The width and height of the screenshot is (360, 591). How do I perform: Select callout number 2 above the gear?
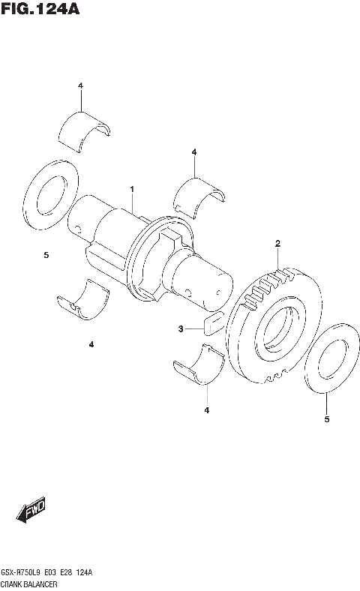click(277, 244)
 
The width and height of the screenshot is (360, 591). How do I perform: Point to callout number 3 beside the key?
click(180, 328)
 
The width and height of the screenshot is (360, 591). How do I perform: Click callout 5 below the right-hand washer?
click(326, 419)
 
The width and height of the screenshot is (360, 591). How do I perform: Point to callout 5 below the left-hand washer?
click(46, 256)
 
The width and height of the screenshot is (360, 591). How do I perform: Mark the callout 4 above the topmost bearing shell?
click(80, 86)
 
